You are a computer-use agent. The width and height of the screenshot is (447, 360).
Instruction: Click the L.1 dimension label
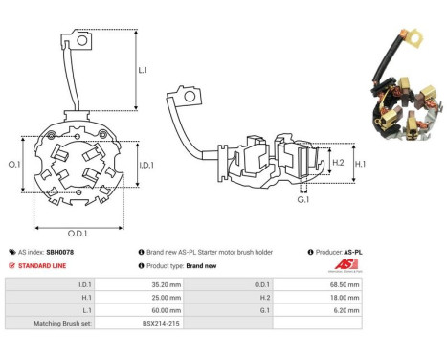(143, 70)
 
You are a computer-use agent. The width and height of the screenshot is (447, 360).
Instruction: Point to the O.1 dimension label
(14, 165)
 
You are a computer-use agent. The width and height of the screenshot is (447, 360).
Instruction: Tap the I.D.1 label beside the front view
(146, 165)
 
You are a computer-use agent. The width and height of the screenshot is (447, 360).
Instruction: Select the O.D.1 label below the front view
(78, 234)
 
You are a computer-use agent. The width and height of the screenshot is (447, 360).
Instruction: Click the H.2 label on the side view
(338, 163)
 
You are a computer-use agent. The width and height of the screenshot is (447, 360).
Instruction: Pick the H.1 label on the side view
(360, 164)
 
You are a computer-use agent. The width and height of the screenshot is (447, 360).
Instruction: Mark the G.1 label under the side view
(303, 200)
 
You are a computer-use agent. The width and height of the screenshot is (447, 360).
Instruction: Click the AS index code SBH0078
(60, 252)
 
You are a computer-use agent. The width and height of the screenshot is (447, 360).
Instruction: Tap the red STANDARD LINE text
(42, 266)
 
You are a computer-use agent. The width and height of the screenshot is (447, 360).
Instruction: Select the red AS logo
(346, 264)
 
